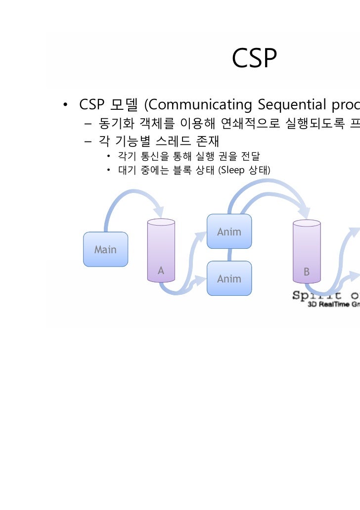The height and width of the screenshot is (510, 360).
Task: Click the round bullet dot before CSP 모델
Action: [x=64, y=105]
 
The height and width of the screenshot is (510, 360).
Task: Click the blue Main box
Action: [x=105, y=249]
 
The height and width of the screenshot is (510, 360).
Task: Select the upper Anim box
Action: [x=229, y=232]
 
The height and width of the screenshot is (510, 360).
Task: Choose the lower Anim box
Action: [x=229, y=278]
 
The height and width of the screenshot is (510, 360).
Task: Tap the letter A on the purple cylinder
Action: [x=161, y=271]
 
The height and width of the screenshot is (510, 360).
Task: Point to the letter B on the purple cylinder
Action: [x=307, y=272]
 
